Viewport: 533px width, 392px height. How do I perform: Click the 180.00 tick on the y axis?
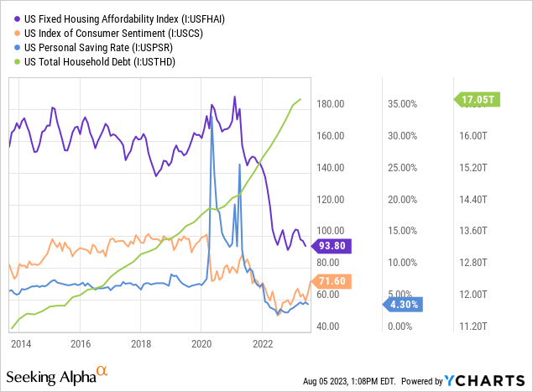[329, 104]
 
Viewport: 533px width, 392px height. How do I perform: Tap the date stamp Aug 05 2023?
[328, 380]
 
